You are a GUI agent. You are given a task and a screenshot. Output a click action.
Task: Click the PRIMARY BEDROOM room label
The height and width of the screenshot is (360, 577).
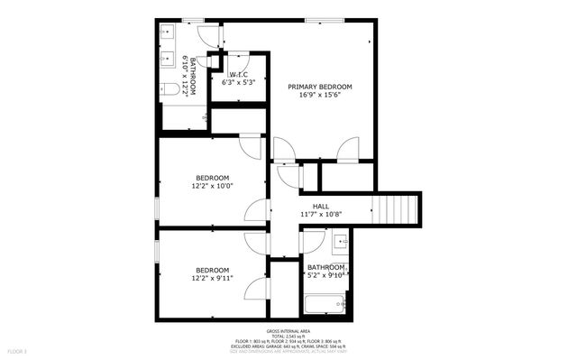[x=319, y=87]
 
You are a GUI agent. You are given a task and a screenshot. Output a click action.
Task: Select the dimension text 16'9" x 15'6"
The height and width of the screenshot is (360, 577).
[x=319, y=96]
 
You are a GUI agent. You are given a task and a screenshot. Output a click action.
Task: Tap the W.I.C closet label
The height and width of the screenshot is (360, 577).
[x=238, y=74]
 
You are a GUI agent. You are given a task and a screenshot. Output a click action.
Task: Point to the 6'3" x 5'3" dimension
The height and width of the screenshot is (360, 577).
[x=238, y=83]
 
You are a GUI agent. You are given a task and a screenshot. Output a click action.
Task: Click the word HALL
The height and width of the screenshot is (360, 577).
[x=320, y=206]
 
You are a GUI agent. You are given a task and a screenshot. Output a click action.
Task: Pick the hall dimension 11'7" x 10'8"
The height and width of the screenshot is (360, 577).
[x=320, y=215]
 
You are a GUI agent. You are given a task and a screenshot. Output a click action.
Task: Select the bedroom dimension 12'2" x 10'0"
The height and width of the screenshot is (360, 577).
[x=212, y=186]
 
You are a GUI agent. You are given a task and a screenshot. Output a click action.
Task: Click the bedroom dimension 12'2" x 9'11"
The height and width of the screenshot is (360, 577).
[x=212, y=279]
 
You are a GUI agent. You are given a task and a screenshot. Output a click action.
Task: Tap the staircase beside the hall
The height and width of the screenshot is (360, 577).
[x=398, y=209]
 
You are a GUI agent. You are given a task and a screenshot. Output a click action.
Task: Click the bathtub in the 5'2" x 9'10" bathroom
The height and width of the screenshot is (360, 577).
[x=325, y=304]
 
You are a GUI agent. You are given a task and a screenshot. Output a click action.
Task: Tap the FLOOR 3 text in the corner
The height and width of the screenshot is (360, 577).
[x=17, y=350]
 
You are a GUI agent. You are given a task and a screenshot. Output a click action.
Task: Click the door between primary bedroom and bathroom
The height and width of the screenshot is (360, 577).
[x=209, y=34]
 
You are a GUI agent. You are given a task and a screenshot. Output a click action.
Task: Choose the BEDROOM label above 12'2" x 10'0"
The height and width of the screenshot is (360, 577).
[x=212, y=177]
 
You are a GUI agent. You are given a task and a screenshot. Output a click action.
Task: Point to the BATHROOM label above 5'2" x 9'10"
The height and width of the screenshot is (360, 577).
[x=325, y=268]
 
